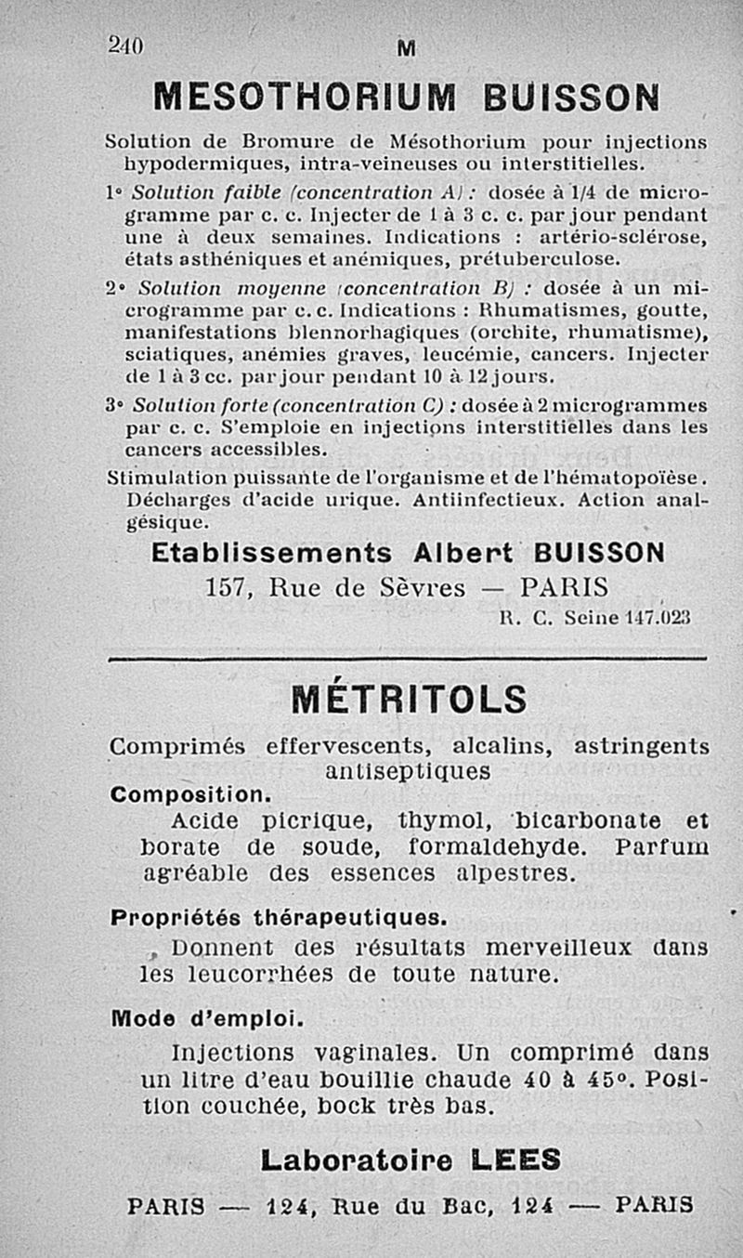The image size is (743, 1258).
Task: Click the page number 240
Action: [x=127, y=44]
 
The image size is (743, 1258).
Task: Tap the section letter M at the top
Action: [x=406, y=48]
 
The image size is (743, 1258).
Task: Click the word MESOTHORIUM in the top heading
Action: [x=305, y=97]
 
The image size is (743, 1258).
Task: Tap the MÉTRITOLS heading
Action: [x=409, y=699]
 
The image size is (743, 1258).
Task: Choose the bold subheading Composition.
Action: [x=190, y=796]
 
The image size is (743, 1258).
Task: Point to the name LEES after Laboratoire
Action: [x=515, y=1160]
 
